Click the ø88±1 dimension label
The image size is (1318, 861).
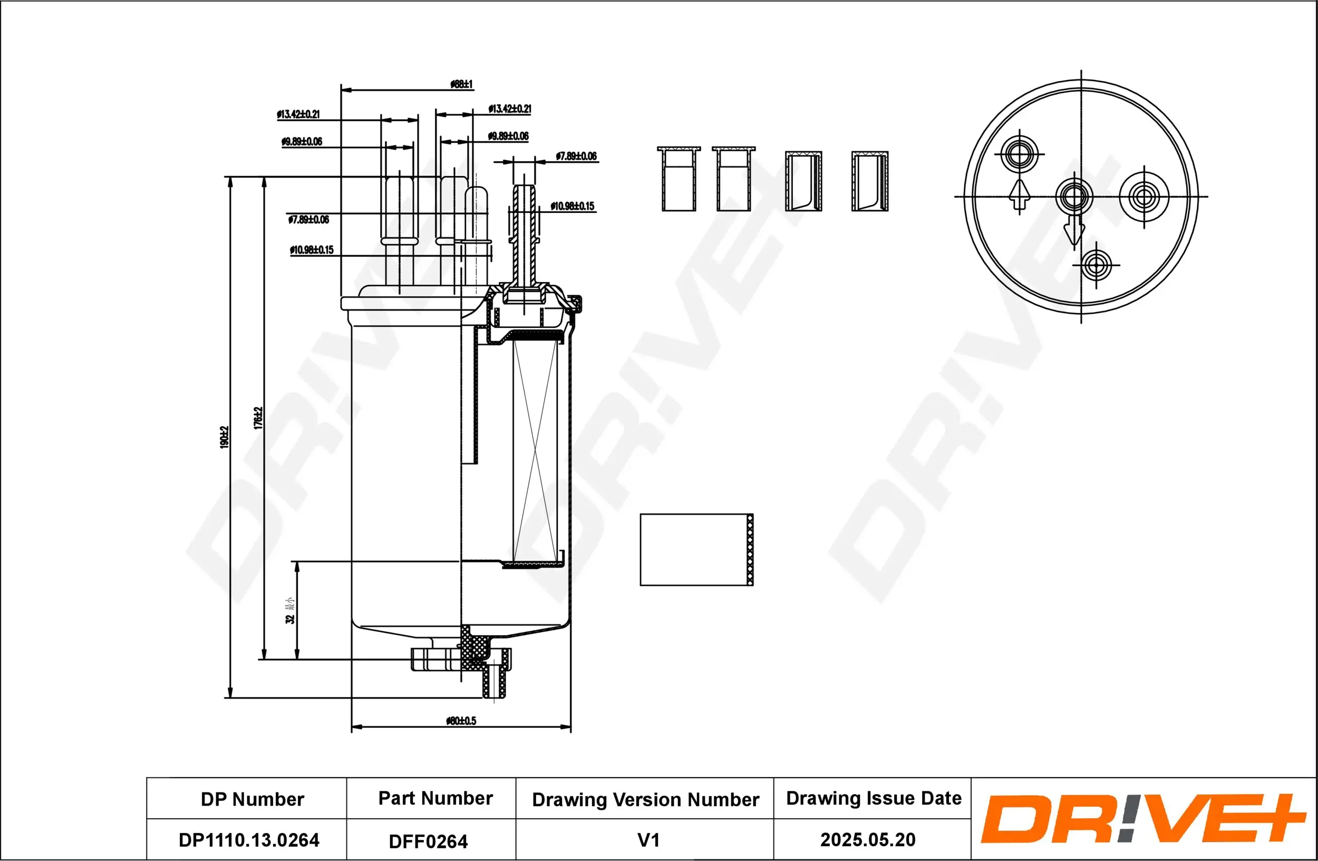[461, 84]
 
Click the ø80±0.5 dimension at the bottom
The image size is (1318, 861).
[461, 720]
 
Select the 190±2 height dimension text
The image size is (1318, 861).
[224, 437]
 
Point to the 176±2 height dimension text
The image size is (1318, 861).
[258, 418]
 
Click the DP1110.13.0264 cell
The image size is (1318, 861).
[249, 840]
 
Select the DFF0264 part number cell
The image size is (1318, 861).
[428, 841]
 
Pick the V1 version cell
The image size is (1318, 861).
[648, 840]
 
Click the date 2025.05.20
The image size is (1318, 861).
[867, 839]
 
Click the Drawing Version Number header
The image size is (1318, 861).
[645, 799]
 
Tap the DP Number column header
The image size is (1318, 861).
[252, 799]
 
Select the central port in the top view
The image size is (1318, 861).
[1074, 196]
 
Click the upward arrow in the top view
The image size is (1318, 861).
[1019, 195]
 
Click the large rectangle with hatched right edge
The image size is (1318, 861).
[696, 549]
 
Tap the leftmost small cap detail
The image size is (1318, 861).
[679, 179]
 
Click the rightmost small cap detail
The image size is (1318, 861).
[869, 181]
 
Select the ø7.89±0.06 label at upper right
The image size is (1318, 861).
[576, 156]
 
